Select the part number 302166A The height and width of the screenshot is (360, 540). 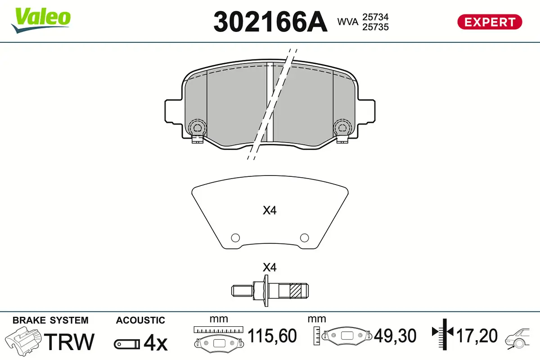(270, 21)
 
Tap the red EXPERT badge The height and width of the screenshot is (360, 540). (490, 22)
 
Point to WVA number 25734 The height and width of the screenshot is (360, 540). (375, 17)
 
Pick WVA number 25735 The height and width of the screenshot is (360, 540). (375, 27)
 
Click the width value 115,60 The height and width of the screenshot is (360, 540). (273, 336)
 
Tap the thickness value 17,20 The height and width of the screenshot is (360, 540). (477, 336)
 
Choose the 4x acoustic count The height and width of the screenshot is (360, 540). (155, 343)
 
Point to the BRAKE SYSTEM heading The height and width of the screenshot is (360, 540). (50, 320)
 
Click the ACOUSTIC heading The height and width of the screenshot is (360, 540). (140, 320)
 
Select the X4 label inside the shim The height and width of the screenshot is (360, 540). (269, 210)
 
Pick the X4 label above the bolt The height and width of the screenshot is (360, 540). (269, 268)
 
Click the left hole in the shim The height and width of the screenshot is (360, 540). (234, 238)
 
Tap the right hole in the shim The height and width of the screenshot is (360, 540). (304, 238)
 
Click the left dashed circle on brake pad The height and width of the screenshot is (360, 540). (197, 127)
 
